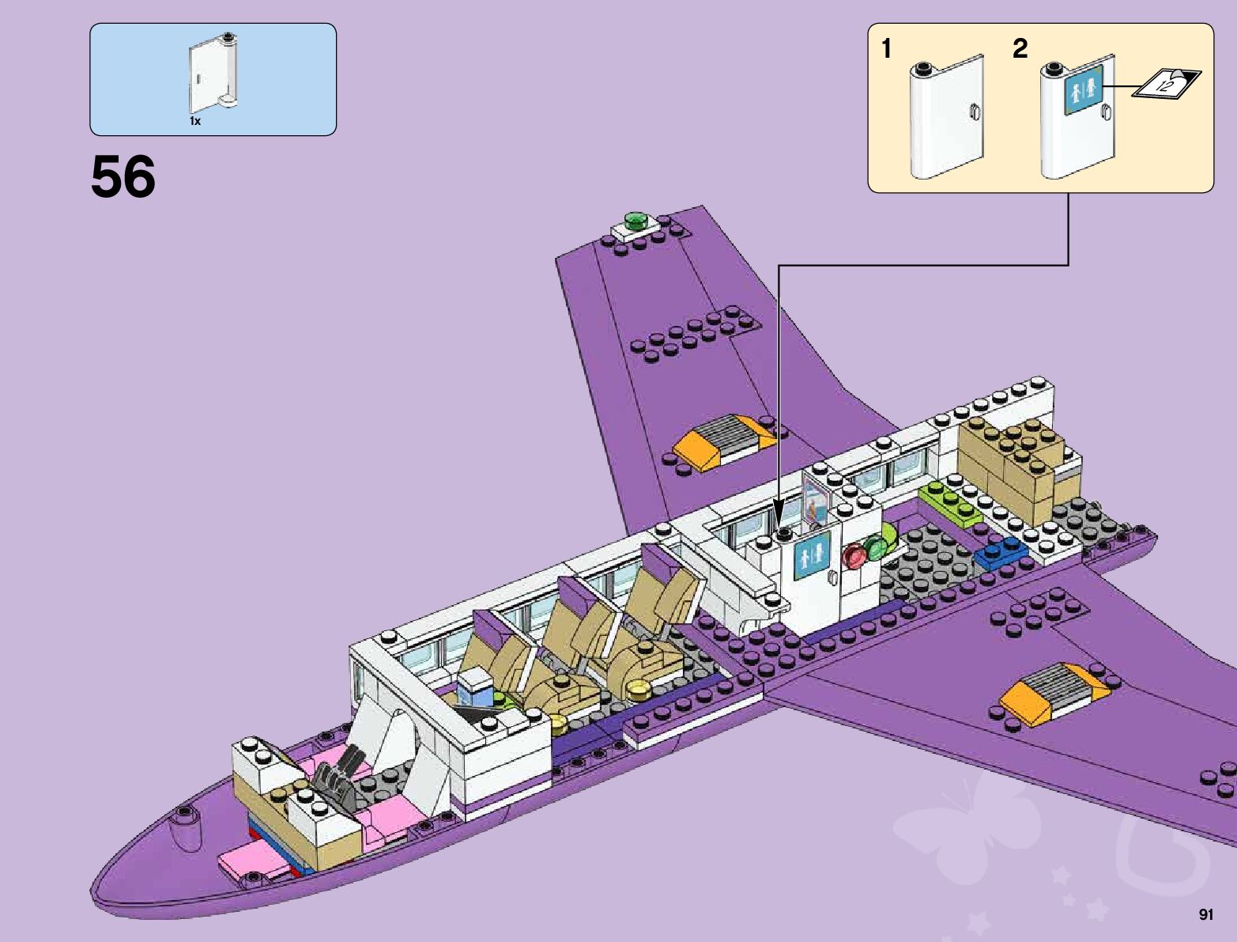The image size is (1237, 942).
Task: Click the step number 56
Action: (123, 177)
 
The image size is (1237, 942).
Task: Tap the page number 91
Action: (1205, 915)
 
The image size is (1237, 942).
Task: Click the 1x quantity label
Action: (195, 121)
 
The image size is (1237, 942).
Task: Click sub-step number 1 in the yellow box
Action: (887, 49)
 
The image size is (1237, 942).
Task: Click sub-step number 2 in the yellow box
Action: (1020, 49)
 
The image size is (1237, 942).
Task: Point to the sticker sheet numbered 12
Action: (1166, 83)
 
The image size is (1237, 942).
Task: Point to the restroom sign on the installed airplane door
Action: (812, 554)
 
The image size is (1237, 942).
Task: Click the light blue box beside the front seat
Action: (476, 688)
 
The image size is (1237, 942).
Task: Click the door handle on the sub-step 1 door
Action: (974, 112)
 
